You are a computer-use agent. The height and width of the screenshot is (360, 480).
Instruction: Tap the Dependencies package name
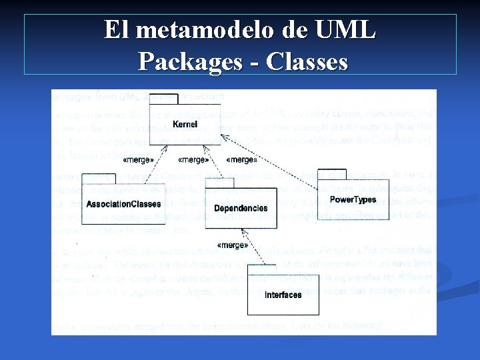[x=241, y=208]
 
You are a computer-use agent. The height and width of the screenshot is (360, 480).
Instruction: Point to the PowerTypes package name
[x=353, y=199]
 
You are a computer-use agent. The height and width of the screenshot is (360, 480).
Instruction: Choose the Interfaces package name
[x=283, y=295]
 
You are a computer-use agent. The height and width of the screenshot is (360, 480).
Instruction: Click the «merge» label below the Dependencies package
[x=233, y=245]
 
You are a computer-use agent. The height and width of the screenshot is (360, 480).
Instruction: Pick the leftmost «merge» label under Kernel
[x=138, y=160]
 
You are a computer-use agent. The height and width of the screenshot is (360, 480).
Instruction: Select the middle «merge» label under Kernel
[x=193, y=160]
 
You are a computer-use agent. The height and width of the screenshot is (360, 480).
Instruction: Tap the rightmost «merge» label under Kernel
[x=242, y=160]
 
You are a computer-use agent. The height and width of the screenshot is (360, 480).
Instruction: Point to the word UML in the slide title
[x=343, y=30]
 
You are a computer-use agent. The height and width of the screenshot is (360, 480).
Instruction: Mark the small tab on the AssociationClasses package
[x=94, y=178]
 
